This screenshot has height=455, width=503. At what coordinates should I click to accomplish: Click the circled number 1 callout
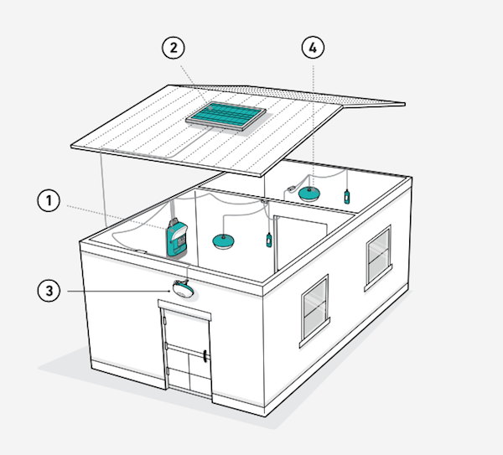(49, 201)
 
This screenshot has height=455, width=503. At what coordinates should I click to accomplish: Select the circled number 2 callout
(174, 48)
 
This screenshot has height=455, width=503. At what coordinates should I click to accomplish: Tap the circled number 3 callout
(49, 291)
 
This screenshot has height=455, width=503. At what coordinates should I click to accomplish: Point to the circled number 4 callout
(313, 48)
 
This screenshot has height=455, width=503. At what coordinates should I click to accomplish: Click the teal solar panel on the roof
(226, 116)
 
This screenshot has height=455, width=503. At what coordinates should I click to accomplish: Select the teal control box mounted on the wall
(177, 237)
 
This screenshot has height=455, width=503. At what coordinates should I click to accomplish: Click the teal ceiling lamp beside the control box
(223, 241)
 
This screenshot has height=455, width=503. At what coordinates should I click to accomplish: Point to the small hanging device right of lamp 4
(347, 197)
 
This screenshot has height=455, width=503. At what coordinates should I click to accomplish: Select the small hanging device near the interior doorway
(269, 240)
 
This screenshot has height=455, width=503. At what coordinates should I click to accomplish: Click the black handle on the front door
(205, 356)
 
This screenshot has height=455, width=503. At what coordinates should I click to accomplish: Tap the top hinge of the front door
(164, 320)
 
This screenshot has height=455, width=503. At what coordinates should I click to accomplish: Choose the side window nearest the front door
(314, 311)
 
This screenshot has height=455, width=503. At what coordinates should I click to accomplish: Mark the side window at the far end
(379, 258)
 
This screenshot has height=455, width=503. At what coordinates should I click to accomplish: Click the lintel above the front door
(184, 310)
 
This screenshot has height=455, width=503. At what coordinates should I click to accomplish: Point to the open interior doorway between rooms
(301, 244)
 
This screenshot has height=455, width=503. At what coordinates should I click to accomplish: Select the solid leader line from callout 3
(119, 291)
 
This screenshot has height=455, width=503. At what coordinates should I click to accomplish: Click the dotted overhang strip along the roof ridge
(288, 96)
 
